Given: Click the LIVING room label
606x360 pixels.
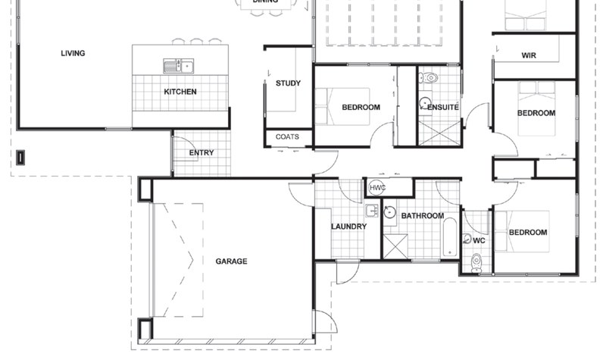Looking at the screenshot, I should pyautogui.click(x=73, y=53).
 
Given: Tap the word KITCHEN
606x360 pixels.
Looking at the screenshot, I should pyautogui.click(x=180, y=92).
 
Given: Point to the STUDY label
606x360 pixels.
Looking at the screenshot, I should pyautogui.click(x=288, y=83).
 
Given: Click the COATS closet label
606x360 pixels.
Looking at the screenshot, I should pyautogui.click(x=287, y=137).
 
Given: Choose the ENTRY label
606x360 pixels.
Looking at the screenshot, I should pyautogui.click(x=201, y=152).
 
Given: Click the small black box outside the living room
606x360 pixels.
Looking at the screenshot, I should pyautogui.click(x=21, y=158).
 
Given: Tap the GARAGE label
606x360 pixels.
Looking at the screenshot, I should pyautogui.click(x=231, y=261).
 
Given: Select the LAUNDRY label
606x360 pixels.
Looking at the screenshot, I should pyautogui.click(x=348, y=227).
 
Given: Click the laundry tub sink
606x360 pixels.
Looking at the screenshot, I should pyautogui.click(x=372, y=210).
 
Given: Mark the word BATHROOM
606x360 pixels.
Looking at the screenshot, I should pyautogui.click(x=422, y=216).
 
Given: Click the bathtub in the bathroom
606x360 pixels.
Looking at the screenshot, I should pyautogui.click(x=449, y=236).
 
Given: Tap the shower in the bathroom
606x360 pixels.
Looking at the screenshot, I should pyautogui.click(x=395, y=246).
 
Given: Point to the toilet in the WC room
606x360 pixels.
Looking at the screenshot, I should pyautogui.click(x=476, y=261).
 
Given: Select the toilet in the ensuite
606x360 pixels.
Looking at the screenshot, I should pyautogui.click(x=430, y=77).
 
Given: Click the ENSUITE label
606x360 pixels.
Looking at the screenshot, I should pyautogui.click(x=442, y=107).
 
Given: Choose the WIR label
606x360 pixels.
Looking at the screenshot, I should pyautogui.click(x=529, y=56).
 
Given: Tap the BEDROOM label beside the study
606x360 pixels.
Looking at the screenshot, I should pyautogui.click(x=361, y=107).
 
